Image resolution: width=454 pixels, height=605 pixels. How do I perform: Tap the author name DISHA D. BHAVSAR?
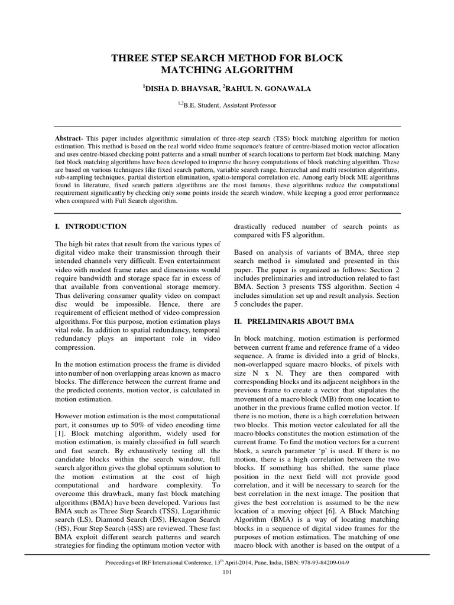pyautogui.click(x=180, y=89)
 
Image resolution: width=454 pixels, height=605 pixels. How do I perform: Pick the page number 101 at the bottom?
pyautogui.click(x=227, y=573)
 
